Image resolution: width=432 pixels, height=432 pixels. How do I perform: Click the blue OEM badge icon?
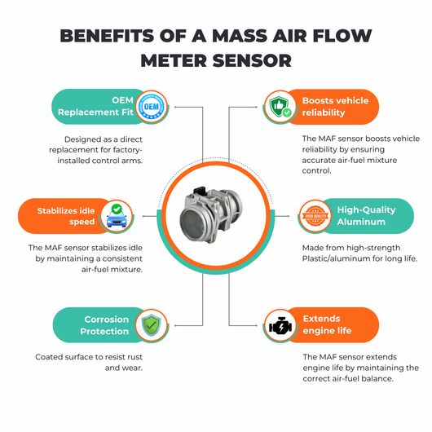(152, 107)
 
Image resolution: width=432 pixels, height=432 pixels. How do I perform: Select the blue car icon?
(117, 216)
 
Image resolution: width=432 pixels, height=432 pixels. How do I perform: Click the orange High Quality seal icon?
(315, 216)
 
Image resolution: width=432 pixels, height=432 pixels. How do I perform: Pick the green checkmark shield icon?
(152, 325)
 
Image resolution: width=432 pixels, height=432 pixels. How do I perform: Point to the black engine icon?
(280, 325)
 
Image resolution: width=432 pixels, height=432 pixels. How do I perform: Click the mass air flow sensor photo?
(211, 215)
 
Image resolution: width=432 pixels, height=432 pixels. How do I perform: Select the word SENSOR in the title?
(252, 60)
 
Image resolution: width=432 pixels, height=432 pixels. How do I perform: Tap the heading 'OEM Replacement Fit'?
(95, 106)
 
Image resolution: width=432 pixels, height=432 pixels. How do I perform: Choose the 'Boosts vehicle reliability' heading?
(335, 107)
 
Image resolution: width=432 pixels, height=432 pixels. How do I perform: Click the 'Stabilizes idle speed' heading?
(66, 216)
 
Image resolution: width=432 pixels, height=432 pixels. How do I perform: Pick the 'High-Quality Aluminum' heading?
(367, 216)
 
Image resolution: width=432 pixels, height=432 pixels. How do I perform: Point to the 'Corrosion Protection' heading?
(104, 325)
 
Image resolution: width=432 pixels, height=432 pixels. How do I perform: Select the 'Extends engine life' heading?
(327, 324)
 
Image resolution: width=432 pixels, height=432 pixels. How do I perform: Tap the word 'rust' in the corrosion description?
(134, 357)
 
